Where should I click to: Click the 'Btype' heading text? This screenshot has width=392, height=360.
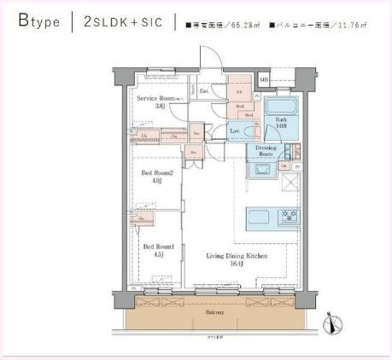[38, 21]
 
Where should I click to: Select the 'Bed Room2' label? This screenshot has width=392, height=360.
[156, 174]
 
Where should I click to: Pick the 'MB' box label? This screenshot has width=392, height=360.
[265, 79]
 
